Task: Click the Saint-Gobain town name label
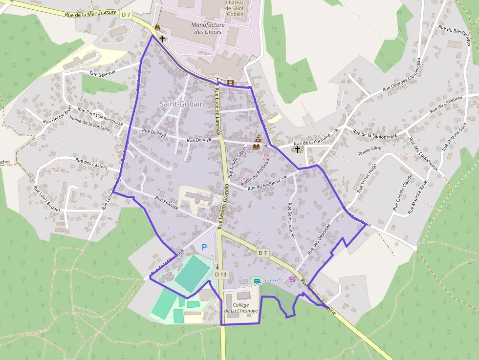(x=182, y=104)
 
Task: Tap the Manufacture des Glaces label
(x=208, y=28)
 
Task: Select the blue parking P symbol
(x=204, y=248)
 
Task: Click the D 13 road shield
(x=221, y=275)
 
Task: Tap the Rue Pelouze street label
(x=167, y=203)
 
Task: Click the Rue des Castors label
(x=91, y=163)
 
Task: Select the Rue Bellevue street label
(x=103, y=73)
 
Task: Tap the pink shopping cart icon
(x=292, y=279)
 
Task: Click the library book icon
(x=257, y=146)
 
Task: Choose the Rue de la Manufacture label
(x=91, y=14)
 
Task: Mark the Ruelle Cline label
(x=370, y=149)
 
